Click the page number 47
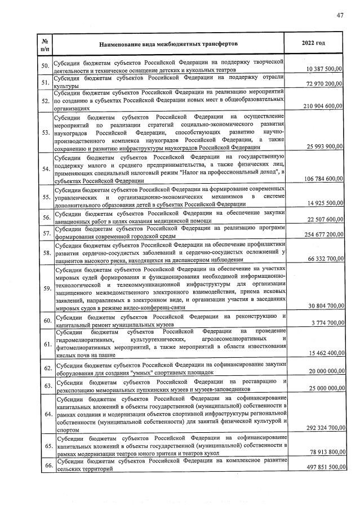[340, 15]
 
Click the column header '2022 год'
[314, 43]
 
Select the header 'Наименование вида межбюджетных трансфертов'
[168, 43]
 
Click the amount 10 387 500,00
[324, 69]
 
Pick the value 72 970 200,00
[324, 84]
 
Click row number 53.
[46, 132]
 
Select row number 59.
[46, 289]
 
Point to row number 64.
[46, 415]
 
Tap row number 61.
[46, 344]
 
